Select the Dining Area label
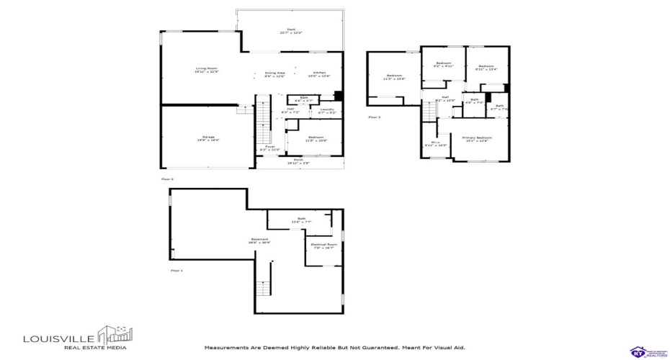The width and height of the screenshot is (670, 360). pos(274,74)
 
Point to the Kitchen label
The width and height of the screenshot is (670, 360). pos(319,74)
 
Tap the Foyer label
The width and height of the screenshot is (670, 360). pos(270,148)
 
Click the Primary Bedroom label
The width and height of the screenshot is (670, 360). pos(476,138)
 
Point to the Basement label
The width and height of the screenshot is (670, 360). pos(260,240)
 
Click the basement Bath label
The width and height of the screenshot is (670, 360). pos(300,220)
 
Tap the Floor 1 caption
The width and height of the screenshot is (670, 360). pos(177,271)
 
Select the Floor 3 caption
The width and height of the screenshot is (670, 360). pos(375,117)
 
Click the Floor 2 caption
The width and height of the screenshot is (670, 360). pos(167,178)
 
